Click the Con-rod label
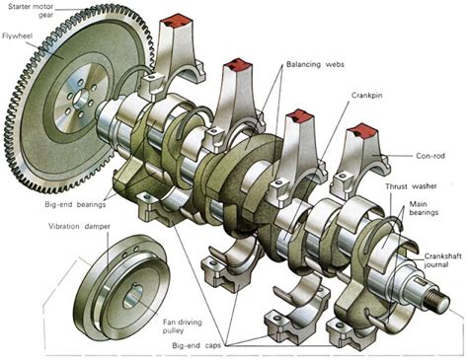[430, 156]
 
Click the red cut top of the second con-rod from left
[237, 65]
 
